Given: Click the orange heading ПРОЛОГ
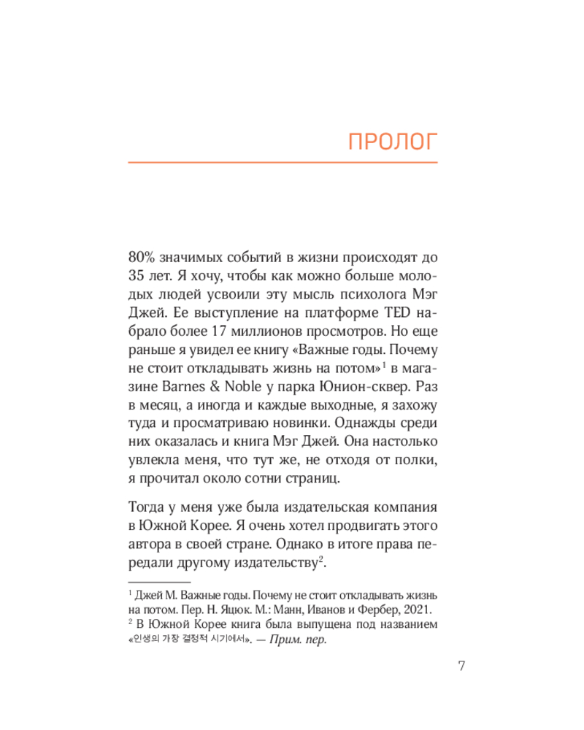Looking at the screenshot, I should (391, 141).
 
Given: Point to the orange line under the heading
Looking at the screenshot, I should (283, 161).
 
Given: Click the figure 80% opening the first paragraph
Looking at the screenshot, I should (143, 260).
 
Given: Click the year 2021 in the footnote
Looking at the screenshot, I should (418, 609).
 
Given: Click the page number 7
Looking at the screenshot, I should (461, 666).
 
